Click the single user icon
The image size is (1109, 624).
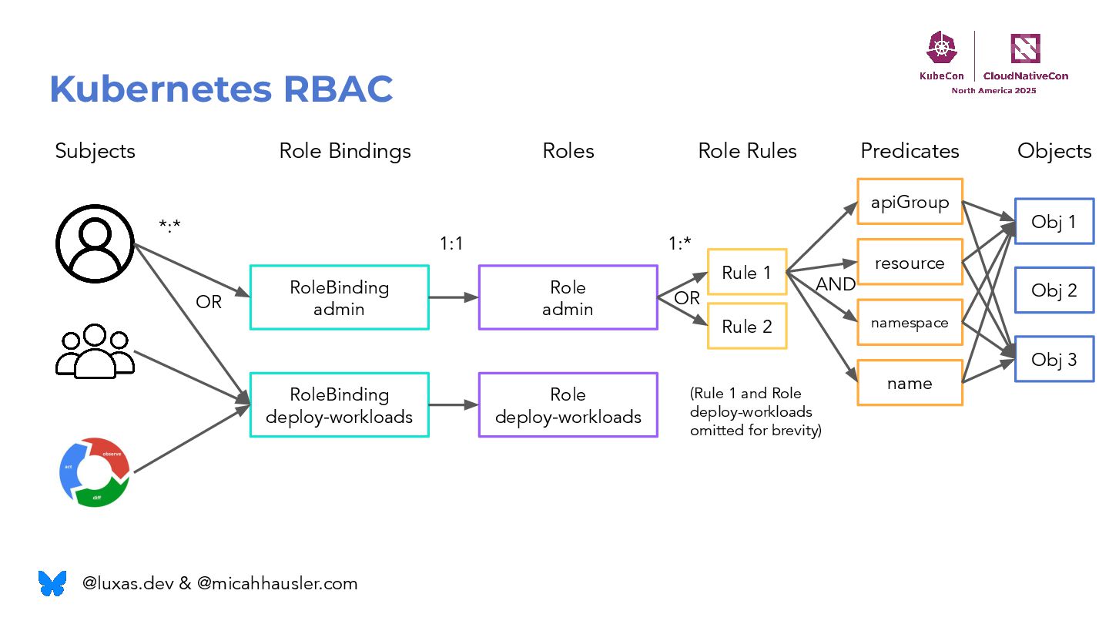[x=95, y=243]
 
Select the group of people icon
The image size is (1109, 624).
[x=95, y=351]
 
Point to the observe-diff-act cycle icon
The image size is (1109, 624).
[x=95, y=472]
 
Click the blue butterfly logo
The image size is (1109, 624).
[x=52, y=583]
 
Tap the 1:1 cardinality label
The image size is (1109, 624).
[x=451, y=243]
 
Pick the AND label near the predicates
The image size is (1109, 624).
[x=836, y=283]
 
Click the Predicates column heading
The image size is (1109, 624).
[x=910, y=150]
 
